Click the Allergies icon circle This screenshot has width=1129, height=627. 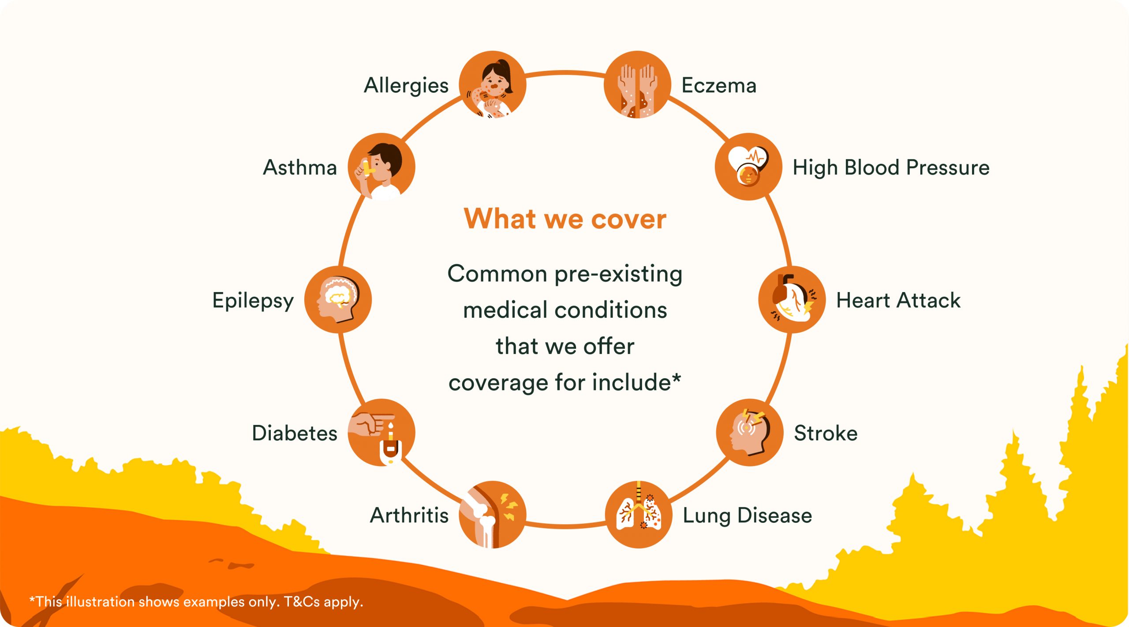[493, 84]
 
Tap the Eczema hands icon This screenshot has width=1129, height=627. [637, 84]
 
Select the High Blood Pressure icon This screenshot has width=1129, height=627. [748, 167]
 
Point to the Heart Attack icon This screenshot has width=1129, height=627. [792, 300]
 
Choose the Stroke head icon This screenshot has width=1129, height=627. [750, 432]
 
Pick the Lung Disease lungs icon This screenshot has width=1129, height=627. [639, 514]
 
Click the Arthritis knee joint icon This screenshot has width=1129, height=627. [493, 514]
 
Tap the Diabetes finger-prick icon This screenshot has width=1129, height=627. [381, 432]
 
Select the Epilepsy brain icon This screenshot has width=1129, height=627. [338, 300]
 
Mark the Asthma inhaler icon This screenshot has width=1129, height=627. [381, 167]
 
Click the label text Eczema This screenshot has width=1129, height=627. [719, 85]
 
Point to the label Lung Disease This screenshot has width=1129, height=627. [748, 516]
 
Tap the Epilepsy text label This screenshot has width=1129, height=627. [253, 301]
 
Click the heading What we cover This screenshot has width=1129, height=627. [565, 218]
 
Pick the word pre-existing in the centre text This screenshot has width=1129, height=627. [618, 274]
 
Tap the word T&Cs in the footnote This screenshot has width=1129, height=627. [302, 602]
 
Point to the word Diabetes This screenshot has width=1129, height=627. [295, 433]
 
